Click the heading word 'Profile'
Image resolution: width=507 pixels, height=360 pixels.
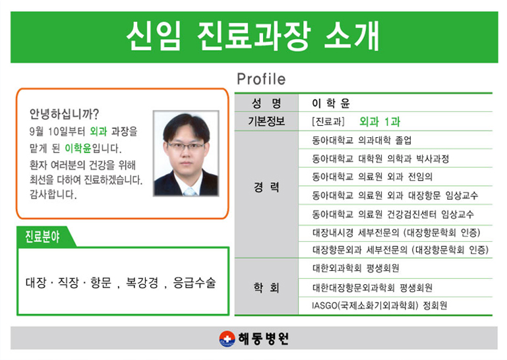(x=261, y=79)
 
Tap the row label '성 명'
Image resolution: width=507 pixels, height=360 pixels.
(x=266, y=103)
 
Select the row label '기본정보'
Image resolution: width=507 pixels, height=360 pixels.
(x=266, y=121)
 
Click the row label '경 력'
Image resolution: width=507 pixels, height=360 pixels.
(x=266, y=187)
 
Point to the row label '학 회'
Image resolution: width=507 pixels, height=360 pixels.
(x=266, y=287)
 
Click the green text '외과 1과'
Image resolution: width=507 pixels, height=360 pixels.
(x=380, y=121)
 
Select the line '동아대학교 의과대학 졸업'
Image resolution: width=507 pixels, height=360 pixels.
(x=362, y=140)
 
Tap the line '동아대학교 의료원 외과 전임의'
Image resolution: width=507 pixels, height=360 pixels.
(x=372, y=177)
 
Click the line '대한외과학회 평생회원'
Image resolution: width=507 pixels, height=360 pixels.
(x=355, y=268)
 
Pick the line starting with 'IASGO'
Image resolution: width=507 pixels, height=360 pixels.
(x=380, y=305)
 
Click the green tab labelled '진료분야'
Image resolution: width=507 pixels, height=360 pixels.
(x=42, y=237)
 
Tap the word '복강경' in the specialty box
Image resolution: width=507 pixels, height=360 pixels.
(x=142, y=283)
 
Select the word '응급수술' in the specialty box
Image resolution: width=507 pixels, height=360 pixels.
(x=194, y=283)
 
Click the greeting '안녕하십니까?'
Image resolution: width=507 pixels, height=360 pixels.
(x=64, y=113)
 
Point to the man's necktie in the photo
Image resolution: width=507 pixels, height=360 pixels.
(x=189, y=192)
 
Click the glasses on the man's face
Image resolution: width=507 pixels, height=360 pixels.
(x=186, y=146)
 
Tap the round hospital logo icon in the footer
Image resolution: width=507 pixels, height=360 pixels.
(x=227, y=339)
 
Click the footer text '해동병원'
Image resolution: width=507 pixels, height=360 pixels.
(x=263, y=339)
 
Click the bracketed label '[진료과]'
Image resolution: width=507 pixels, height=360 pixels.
(x=328, y=121)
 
